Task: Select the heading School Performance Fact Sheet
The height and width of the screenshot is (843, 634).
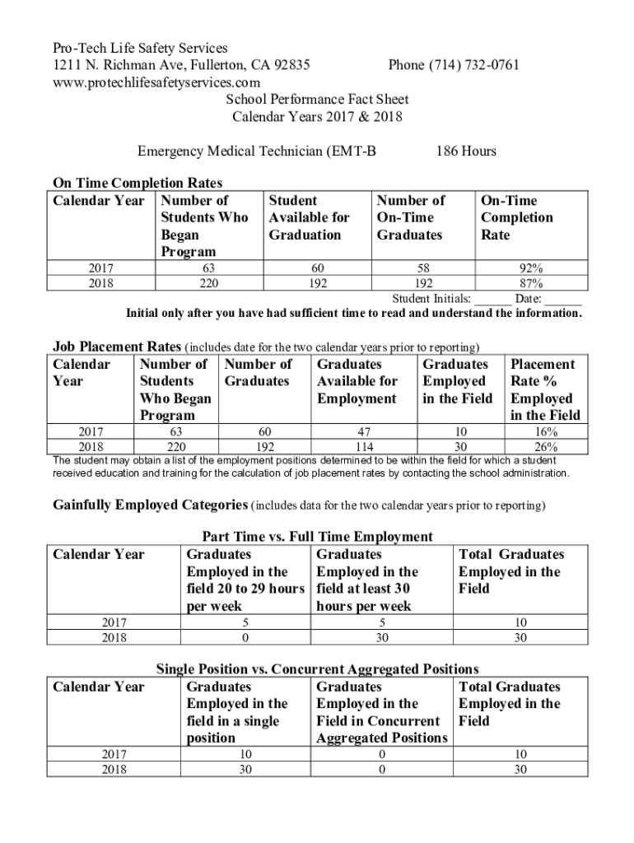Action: coord(317,100)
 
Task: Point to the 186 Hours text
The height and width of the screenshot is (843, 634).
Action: coord(466,151)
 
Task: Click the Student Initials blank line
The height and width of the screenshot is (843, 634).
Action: coord(492,299)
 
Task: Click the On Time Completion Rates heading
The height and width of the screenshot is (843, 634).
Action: coord(138,183)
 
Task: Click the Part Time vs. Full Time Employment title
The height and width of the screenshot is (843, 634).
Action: coord(317,537)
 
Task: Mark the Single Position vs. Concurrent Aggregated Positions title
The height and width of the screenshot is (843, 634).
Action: coord(317,669)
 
